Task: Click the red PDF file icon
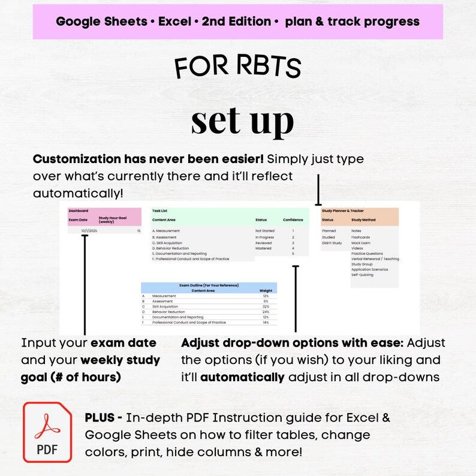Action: pyautogui.click(x=47, y=432)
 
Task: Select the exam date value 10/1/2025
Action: pyautogui.click(x=89, y=231)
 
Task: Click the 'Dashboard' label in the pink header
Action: pyautogui.click(x=78, y=211)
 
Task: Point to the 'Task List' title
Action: pyautogui.click(x=159, y=211)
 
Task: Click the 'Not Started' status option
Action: pyautogui.click(x=264, y=231)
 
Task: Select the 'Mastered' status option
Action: pyautogui.click(x=263, y=248)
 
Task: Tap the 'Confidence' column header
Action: pyautogui.click(x=293, y=220)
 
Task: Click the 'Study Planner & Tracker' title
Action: pyautogui.click(x=343, y=211)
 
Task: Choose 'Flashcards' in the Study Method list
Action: pyautogui.click(x=361, y=237)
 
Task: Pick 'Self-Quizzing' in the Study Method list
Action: pyautogui.click(x=362, y=275)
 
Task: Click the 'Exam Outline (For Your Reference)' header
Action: pyautogui.click(x=209, y=286)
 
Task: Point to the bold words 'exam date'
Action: pyautogui.click(x=123, y=344)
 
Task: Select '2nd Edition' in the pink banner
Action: pyautogui.click(x=236, y=22)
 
